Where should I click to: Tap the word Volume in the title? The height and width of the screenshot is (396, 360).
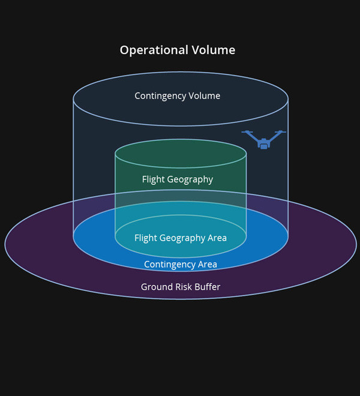tap(214, 50)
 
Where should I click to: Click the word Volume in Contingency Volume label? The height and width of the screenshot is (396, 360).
tap(205, 96)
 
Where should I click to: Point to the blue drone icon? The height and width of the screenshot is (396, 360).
tap(264, 139)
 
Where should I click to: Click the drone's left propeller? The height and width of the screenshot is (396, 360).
tap(247, 131)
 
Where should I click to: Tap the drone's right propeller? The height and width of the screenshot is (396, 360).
tap(280, 131)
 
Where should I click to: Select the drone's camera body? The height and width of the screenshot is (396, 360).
tap(264, 146)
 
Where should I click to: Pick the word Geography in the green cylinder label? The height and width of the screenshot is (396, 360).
tap(190, 180)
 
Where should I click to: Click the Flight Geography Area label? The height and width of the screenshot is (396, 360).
tap(181, 238)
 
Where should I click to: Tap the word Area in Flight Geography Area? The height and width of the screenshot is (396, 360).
tap(217, 238)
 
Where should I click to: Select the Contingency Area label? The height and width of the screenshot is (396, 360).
tap(181, 265)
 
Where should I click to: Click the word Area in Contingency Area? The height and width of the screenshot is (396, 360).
tap(208, 265)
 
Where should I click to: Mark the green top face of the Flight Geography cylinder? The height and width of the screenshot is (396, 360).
tap(181, 154)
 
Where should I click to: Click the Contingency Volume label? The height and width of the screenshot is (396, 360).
tap(178, 96)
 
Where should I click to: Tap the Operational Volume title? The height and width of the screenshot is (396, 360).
tap(178, 50)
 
